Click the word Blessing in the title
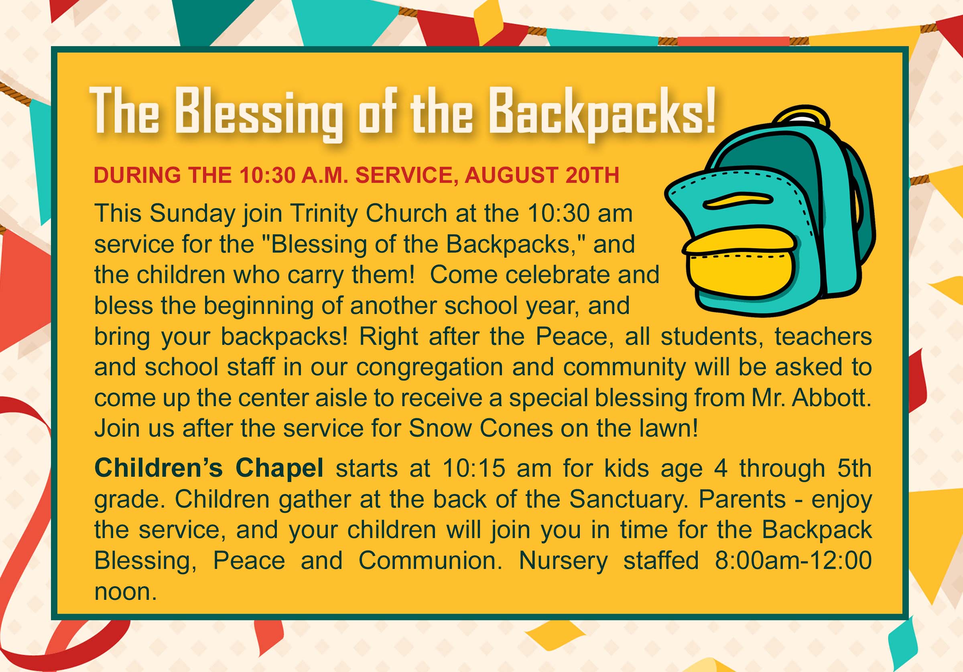click(258, 113)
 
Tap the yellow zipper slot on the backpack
click(738, 200)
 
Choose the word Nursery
click(563, 561)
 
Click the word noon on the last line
click(126, 592)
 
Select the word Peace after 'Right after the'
click(572, 336)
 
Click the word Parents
click(742, 499)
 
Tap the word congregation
click(429, 367)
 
